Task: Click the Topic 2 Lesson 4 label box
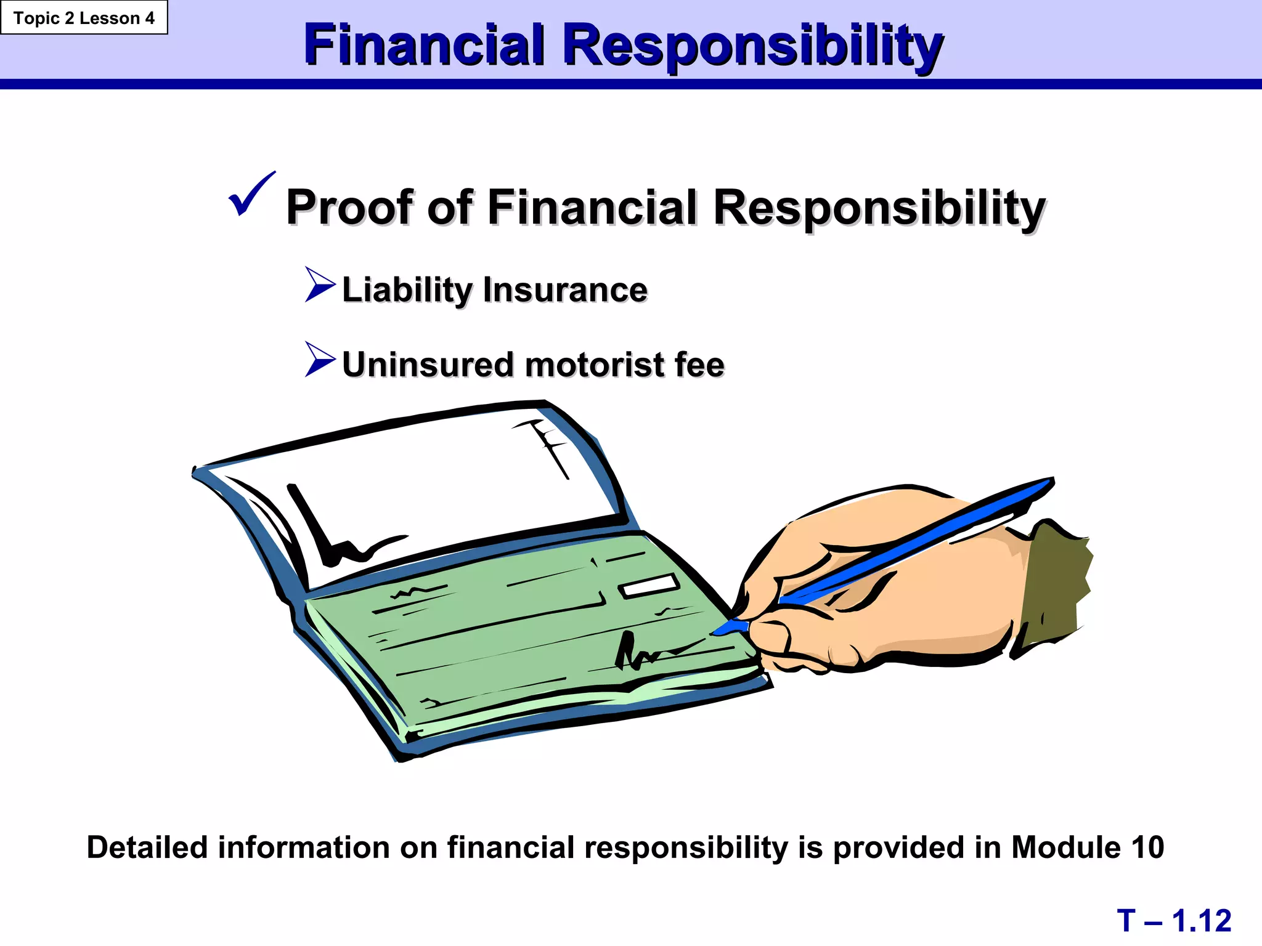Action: (84, 18)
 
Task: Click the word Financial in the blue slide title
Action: (425, 45)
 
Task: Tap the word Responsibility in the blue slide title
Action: (753, 46)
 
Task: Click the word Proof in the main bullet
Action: (349, 207)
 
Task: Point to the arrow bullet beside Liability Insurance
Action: (320, 285)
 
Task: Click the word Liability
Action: (407, 289)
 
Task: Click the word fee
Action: (699, 365)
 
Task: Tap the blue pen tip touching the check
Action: (727, 628)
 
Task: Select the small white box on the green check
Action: (649, 585)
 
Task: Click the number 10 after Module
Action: (1147, 847)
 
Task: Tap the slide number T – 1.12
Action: (1174, 921)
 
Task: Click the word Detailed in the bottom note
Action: (147, 847)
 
